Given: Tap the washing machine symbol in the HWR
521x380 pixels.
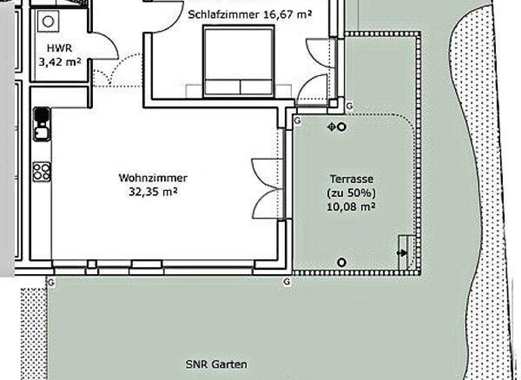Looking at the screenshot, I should click(48, 21).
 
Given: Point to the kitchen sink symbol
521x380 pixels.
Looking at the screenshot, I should click(41, 123).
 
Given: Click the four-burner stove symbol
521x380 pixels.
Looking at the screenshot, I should click(41, 171).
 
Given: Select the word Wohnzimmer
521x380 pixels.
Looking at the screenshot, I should click(153, 178).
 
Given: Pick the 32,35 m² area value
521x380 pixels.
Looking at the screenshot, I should click(153, 191).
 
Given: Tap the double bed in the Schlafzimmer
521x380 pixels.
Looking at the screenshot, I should click(239, 64).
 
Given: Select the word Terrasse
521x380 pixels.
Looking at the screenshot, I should click(351, 180).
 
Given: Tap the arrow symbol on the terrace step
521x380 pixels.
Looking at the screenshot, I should click(404, 253).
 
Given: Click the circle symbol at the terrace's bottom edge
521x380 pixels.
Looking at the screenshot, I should click(342, 263).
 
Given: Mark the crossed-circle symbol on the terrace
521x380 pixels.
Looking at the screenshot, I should click(332, 126).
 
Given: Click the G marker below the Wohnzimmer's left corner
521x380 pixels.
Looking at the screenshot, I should click(50, 281).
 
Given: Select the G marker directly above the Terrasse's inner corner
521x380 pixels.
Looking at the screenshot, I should click(296, 120).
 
